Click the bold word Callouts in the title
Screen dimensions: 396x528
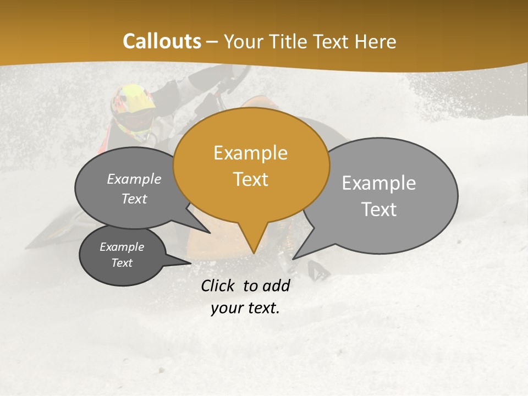click(x=162, y=41)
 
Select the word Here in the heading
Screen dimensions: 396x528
click(x=376, y=41)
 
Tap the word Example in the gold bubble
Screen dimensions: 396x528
click(x=250, y=153)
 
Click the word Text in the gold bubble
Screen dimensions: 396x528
click(x=250, y=179)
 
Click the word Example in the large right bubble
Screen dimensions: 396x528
click(x=378, y=183)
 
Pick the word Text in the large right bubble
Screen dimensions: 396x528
click(x=380, y=210)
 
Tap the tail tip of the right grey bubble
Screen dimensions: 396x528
click(x=294, y=258)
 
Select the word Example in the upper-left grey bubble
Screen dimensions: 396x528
click(x=134, y=179)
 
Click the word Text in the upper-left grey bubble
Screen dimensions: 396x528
click(x=134, y=199)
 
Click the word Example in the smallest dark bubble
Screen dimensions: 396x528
click(x=122, y=247)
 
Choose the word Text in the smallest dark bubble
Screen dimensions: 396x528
click(x=122, y=263)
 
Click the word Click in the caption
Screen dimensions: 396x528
click(x=218, y=285)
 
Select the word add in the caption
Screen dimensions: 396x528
click(x=276, y=285)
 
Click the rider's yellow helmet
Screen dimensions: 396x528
click(x=133, y=98)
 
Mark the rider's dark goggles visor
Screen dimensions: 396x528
click(x=137, y=118)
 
